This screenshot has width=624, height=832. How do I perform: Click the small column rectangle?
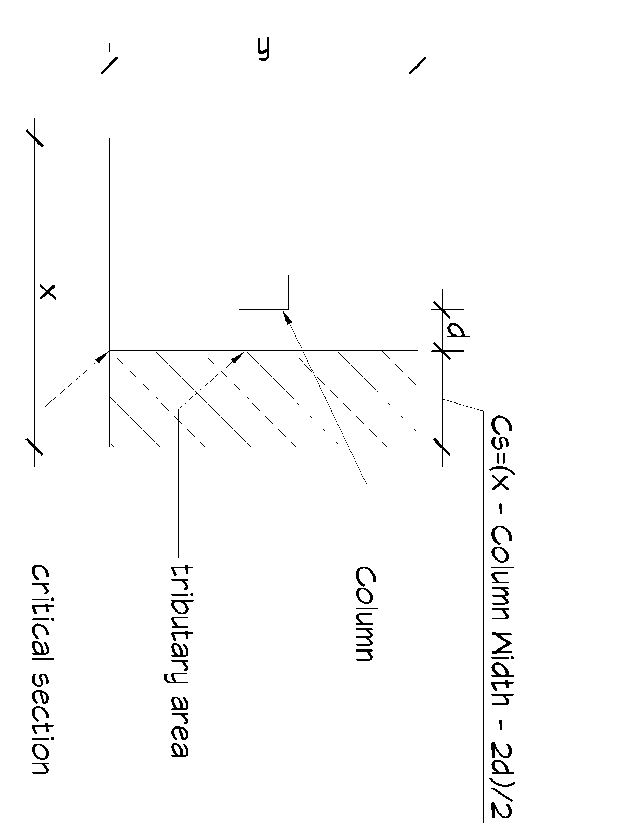tap(263, 292)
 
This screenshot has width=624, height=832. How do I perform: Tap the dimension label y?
tap(264, 50)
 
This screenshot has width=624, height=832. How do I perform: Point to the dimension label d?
tap(457, 330)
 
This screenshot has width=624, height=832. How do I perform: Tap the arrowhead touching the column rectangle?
tap(286, 316)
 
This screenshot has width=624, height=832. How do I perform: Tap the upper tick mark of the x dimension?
tap(34, 138)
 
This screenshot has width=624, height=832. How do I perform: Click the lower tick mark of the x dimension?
tap(34, 446)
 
